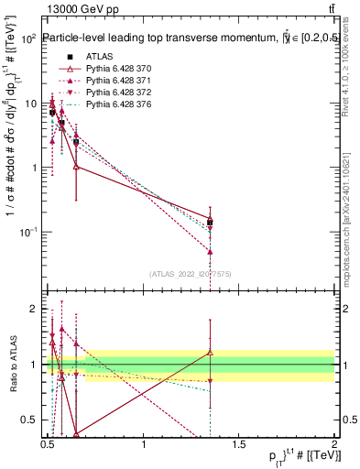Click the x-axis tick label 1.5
click(239, 444)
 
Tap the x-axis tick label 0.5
click(49, 444)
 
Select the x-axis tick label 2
click(334, 444)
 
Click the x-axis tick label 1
click(144, 444)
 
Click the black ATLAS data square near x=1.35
click(210, 222)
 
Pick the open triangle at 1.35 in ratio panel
click(210, 352)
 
